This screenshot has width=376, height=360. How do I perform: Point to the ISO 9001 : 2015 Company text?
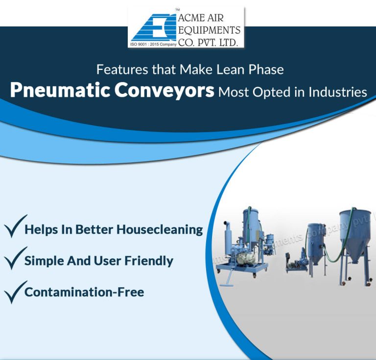pyautogui.click(x=153, y=44)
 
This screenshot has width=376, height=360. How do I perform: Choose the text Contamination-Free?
pyautogui.click(x=84, y=292)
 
